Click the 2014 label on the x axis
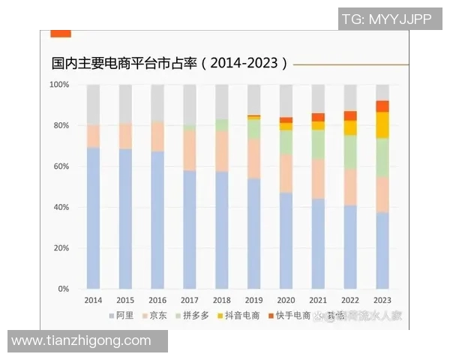click(93, 300)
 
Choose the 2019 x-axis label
click(254, 300)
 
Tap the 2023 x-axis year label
click(382, 300)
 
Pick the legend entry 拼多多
click(191, 316)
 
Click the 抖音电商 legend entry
click(238, 316)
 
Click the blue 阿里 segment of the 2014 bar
click(93, 217)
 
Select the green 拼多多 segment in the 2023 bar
click(382, 157)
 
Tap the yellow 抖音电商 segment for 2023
click(382, 124)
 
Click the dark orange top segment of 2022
click(350, 115)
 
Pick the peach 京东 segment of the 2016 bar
click(157, 136)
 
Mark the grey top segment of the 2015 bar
click(125, 103)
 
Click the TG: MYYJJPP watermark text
click(386, 19)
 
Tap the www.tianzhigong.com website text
click(81, 341)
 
